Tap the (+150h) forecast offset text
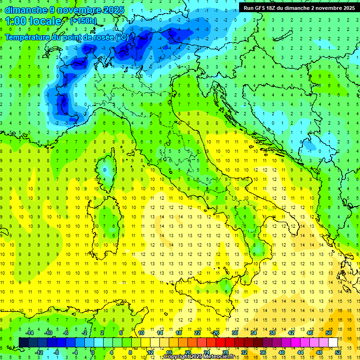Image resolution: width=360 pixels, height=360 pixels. coord(83,21)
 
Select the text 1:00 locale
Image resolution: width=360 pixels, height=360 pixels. coord(33,21)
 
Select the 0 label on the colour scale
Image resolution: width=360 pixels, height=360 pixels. coord(92,352)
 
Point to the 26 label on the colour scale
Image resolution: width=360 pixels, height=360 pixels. coord(216,333)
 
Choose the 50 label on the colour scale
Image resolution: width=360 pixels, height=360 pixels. coord(329,333)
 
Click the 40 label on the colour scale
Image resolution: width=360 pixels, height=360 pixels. coord(282,352)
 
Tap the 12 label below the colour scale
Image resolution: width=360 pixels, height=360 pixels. coord(150,352)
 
